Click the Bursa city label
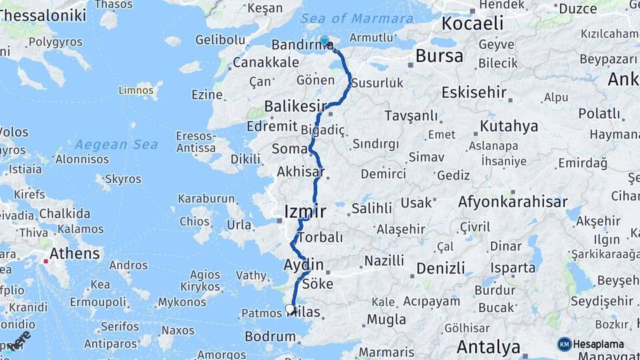point(439,56)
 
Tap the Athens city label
point(75,254)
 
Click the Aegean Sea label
point(116,145)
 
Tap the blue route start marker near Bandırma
point(325,41)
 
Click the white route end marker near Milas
point(289,308)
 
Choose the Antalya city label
point(488,347)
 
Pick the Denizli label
point(440,269)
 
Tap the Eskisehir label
point(473,92)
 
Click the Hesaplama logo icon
point(565,344)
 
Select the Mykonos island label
point(182,302)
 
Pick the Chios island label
point(195,221)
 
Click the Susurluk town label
point(378,83)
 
